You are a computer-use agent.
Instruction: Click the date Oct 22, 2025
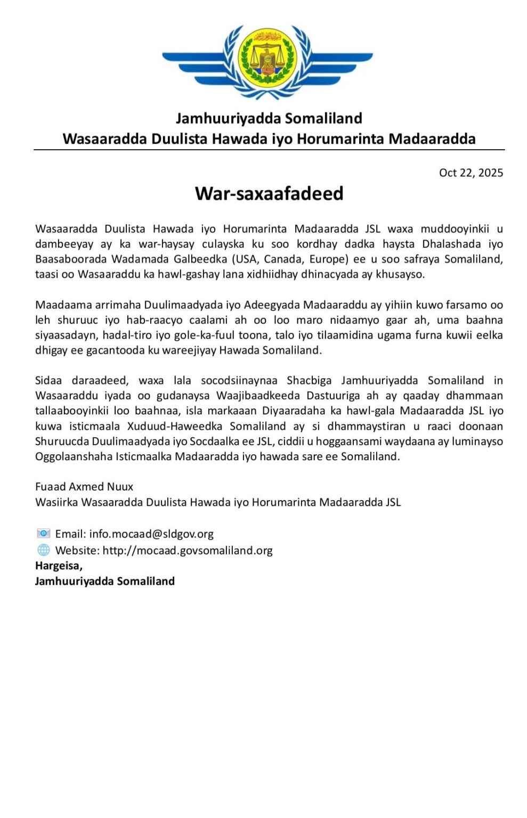[x=471, y=173]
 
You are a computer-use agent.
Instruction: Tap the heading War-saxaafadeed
[x=269, y=193]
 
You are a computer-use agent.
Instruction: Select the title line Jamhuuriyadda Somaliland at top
[x=269, y=118]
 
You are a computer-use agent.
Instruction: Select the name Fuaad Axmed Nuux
[x=84, y=486]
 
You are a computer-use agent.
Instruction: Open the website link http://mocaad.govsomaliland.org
[x=187, y=550]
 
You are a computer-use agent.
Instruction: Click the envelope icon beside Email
[x=43, y=534]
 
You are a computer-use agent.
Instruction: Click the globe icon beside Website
[x=43, y=550]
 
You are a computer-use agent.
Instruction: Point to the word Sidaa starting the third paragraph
[x=48, y=380]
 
